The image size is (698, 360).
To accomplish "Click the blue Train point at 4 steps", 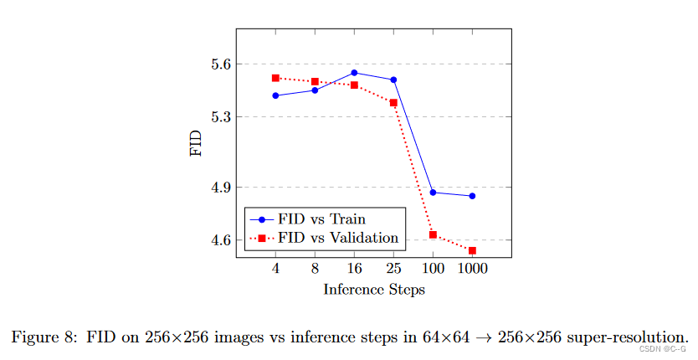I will [275, 95].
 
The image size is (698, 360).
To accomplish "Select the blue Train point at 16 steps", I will [354, 72].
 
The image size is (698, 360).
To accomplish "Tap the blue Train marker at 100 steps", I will [433, 193].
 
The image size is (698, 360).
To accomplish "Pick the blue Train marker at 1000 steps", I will [472, 196].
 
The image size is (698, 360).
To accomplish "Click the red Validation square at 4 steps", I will [275, 78].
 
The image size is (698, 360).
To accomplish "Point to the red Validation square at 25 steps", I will [393, 103].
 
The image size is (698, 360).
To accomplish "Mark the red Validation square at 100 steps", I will [433, 234].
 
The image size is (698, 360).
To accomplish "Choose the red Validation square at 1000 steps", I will [472, 250].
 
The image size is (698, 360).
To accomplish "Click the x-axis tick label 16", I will [354, 270].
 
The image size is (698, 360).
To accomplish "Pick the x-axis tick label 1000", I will [472, 270].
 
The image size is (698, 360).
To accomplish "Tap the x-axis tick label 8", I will [315, 270].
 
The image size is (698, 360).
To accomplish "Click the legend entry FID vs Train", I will [321, 219].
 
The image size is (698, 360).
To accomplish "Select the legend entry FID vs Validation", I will [338, 238].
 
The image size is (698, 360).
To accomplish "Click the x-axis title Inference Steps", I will [373, 290].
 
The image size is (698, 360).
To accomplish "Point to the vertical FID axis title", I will [195, 143].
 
